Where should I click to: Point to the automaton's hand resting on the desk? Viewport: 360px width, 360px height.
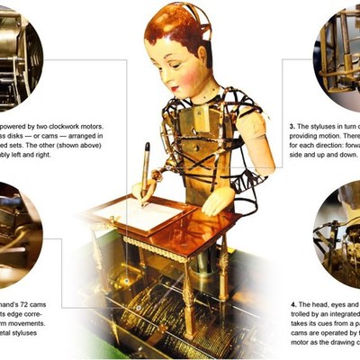pyautogui.click(x=217, y=199)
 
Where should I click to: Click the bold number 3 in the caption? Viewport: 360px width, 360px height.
pyautogui.click(x=292, y=127)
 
